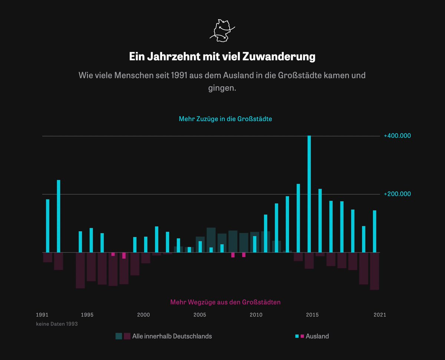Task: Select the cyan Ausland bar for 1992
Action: point(59,216)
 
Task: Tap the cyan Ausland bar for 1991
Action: point(47,226)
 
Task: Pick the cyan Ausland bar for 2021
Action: point(375,231)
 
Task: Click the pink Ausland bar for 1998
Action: point(124,256)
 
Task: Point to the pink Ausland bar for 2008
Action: point(233,255)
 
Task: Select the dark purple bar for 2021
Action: point(375,271)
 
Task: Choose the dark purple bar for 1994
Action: point(80,270)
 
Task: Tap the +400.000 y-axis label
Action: point(397,136)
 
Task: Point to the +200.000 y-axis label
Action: point(397,194)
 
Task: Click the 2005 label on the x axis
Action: point(200,315)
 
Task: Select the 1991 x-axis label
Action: point(42,315)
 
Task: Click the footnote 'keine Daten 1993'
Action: point(57,324)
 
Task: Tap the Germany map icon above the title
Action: point(222,29)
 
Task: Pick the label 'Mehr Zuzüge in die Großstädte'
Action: point(225,119)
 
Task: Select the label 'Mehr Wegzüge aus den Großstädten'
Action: point(225,302)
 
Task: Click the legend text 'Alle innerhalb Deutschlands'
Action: point(172,336)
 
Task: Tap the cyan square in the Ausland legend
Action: point(297,336)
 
